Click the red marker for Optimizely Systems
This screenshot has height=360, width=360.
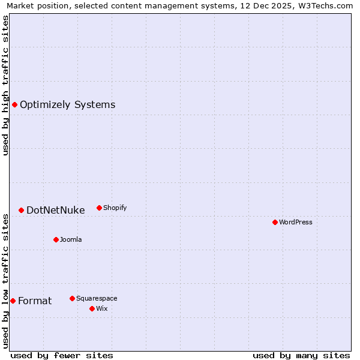(x=15, y=105)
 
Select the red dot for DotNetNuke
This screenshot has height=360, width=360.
(x=21, y=210)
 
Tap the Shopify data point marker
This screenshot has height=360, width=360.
(x=99, y=208)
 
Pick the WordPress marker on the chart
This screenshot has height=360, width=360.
(x=275, y=222)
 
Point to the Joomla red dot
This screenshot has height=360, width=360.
(x=56, y=239)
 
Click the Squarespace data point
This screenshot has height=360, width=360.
(x=72, y=298)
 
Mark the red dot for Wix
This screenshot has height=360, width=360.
(x=92, y=308)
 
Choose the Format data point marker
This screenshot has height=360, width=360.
(x=13, y=301)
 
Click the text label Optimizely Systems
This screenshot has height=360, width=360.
(x=67, y=105)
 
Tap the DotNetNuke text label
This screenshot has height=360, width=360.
(x=55, y=210)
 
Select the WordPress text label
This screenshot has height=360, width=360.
(x=295, y=222)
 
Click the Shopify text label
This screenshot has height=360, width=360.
(x=115, y=208)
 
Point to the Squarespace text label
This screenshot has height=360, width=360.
(x=97, y=298)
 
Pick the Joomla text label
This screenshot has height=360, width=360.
(x=71, y=239)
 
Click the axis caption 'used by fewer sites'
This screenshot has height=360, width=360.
(x=62, y=355)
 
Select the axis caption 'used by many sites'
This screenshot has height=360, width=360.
(x=301, y=355)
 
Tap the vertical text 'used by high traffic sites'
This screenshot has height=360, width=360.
(x=5, y=85)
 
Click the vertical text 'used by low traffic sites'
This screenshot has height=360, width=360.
(x=5, y=280)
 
